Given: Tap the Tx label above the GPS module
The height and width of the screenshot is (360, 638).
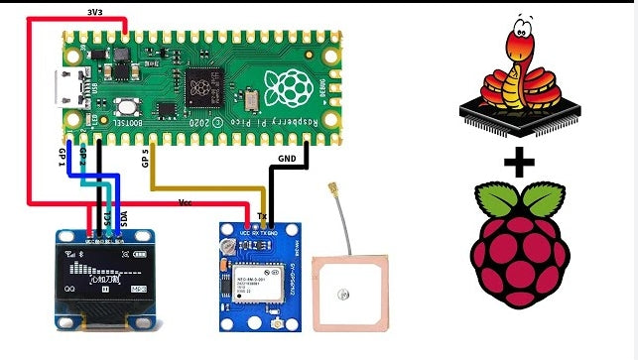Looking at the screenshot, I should (x=261, y=213).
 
